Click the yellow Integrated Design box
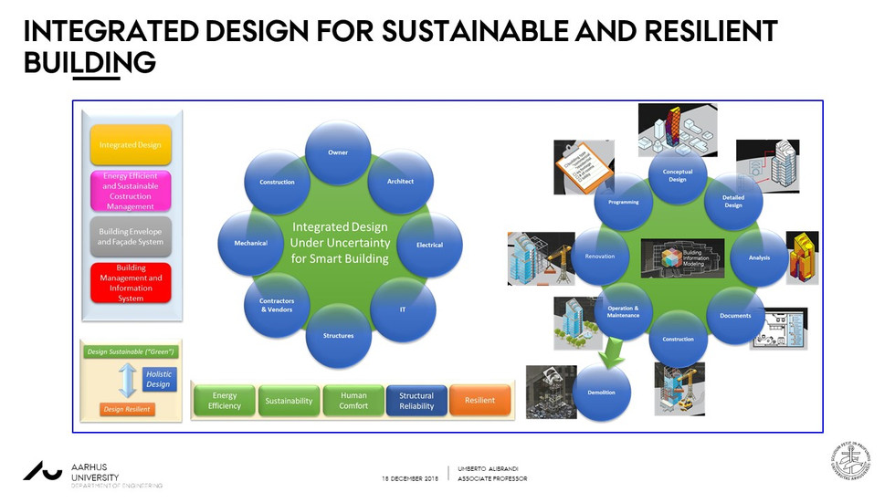[x=131, y=145]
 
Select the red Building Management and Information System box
[x=131, y=283]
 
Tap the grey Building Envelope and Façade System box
[x=131, y=236]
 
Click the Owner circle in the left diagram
[x=338, y=152]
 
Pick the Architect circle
[x=400, y=182]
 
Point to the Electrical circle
[x=429, y=245]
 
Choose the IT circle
[x=403, y=309]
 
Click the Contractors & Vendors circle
[x=277, y=306]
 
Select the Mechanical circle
[x=250, y=244]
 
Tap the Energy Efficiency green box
[x=225, y=401]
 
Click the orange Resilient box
[x=479, y=401]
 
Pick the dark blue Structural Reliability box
[x=416, y=401]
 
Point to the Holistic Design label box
[x=158, y=379]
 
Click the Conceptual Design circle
[x=677, y=175]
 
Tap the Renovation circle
[x=600, y=257]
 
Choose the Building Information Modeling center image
[x=677, y=257]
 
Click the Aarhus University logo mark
[x=43, y=470]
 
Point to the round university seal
[x=850, y=459]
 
